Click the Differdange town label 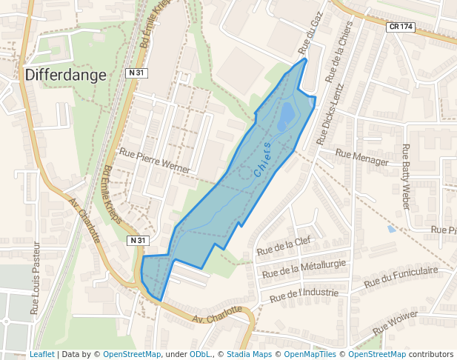click(x=66, y=75)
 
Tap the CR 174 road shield click(x=401, y=27)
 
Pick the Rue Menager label click(x=361, y=157)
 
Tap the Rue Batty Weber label click(x=405, y=176)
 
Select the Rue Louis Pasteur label click(x=34, y=277)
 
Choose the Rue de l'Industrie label click(x=304, y=295)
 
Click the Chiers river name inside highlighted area click(x=262, y=159)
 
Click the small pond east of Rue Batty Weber click(x=391, y=229)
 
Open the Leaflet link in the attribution click(x=41, y=354)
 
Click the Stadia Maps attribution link click(x=249, y=354)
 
